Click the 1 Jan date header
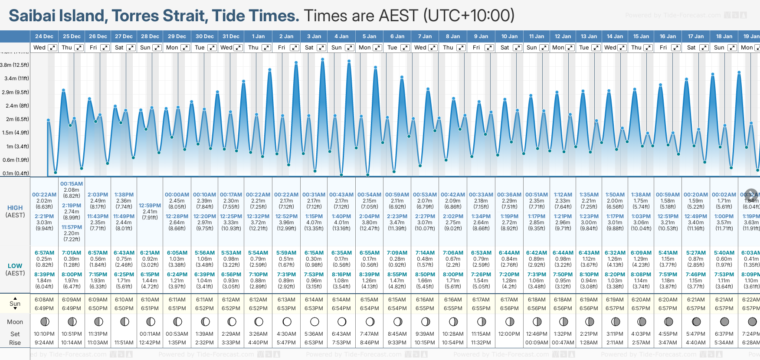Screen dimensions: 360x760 [x=258, y=36]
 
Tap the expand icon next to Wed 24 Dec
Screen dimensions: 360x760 [x=52, y=48]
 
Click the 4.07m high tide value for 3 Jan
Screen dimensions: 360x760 [x=314, y=223]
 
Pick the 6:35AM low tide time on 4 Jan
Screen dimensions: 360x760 [x=341, y=253]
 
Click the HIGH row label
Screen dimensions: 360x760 [x=15, y=208]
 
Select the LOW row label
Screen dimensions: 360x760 [x=15, y=266]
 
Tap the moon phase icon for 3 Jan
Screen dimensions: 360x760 [x=314, y=322]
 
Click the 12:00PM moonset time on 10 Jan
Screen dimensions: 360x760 [x=509, y=334]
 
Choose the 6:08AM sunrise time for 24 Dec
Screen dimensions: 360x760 [x=44, y=300]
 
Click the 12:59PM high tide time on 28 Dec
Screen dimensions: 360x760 [x=150, y=206]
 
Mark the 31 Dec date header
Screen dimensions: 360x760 [x=231, y=36]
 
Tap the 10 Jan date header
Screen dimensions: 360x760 [x=509, y=36]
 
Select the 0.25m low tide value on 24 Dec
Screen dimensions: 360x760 [x=44, y=259]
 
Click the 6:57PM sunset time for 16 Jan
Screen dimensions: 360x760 [x=668, y=308]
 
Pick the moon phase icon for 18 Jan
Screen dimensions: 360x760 [x=724, y=322]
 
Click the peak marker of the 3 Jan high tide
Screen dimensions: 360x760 [x=323, y=59]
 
